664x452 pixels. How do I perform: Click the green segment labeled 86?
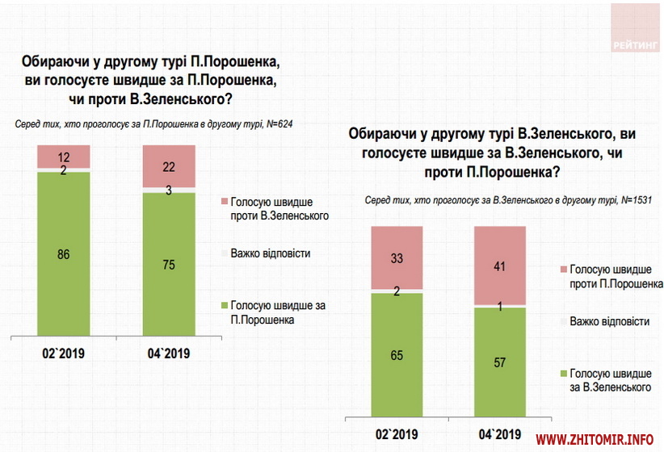[63, 253]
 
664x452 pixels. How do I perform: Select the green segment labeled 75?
[169, 262]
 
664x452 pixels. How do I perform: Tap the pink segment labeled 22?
[169, 165]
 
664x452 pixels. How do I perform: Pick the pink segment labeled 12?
[63, 157]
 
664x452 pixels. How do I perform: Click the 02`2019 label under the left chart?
[63, 353]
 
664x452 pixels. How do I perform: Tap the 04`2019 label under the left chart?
[168, 353]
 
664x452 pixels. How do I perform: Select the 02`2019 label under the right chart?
[397, 433]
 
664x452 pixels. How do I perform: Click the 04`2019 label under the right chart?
[500, 433]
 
